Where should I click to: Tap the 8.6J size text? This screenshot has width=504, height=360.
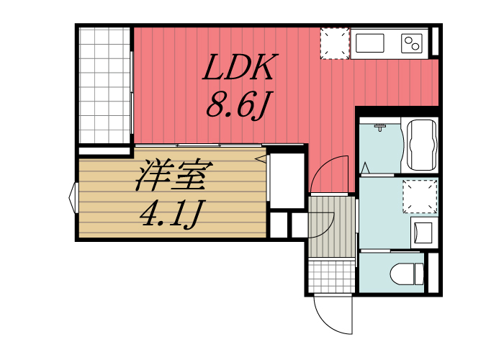click(x=238, y=106)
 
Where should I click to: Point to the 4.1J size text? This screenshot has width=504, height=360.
click(x=173, y=214)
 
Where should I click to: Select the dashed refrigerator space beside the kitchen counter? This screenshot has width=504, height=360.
click(x=333, y=44)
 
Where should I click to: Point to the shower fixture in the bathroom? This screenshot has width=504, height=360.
click(x=381, y=129)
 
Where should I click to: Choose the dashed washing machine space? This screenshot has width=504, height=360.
click(x=420, y=197)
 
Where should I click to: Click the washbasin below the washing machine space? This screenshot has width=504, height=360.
click(x=420, y=232)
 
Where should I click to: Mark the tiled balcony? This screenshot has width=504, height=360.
click(x=104, y=85)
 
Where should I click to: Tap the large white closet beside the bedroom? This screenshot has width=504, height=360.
click(x=285, y=180)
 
